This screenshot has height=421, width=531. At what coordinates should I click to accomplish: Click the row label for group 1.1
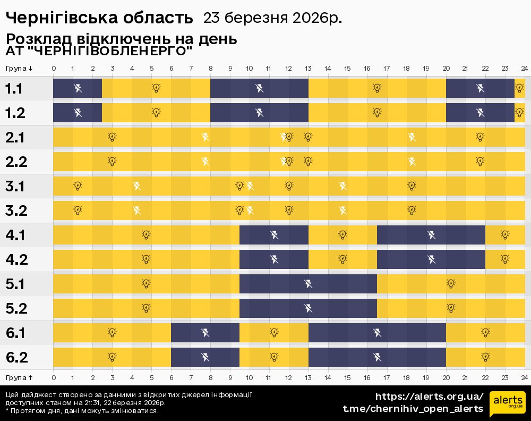coord(14,88)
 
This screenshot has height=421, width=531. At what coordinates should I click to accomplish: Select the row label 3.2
coord(16,210)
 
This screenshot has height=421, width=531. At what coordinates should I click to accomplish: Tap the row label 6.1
coord(16,333)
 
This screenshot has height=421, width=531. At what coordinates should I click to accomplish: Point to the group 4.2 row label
coord(16,259)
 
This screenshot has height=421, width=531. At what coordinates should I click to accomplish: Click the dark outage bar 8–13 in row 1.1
coord(259,88)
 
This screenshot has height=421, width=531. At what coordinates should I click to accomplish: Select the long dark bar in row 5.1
coord(308,284)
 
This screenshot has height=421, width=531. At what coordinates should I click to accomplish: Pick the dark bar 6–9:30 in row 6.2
coord(205,357)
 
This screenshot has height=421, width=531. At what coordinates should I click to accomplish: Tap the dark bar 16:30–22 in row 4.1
coord(431,235)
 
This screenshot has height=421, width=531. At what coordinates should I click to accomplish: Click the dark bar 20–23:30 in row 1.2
coord(480,113)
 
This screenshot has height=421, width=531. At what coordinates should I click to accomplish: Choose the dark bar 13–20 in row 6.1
coord(377,333)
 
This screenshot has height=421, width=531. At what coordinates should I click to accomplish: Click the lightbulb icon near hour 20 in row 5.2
coord(451,308)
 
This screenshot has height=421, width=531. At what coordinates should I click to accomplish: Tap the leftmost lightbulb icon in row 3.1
coord(78,186)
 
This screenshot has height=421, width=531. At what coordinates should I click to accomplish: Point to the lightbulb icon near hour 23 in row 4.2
coord(505,259)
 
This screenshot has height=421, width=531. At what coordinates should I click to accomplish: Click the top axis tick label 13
coord(308,68)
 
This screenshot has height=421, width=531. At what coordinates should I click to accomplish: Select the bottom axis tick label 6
coord(171,377)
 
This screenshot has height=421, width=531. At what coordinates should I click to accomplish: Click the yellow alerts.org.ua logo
coord(507,402)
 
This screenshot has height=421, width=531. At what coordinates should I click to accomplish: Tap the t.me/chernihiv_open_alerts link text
coord(413,408)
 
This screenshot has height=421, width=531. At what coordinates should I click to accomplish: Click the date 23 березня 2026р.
coord(272,18)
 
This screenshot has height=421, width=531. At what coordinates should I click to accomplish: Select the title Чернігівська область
coord(99,18)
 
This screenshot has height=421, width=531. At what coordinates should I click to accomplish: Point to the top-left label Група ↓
coord(19,68)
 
